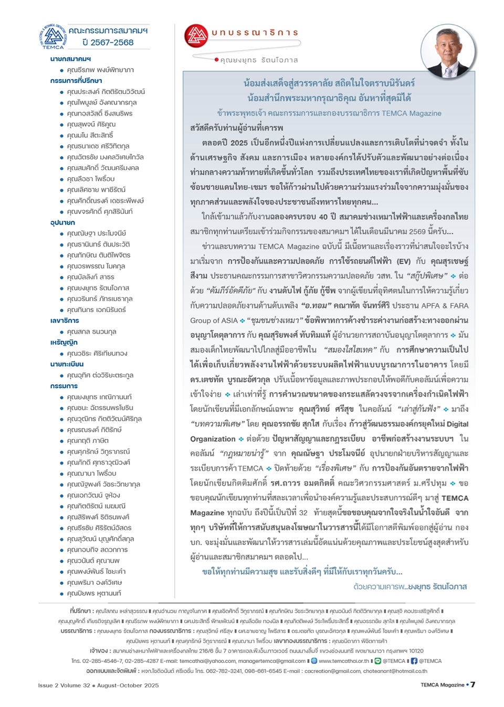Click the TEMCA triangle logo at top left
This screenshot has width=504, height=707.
point(53,36)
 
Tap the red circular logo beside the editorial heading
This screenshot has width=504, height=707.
point(196,36)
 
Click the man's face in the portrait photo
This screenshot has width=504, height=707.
point(447,48)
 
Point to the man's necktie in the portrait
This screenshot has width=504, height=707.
point(448,70)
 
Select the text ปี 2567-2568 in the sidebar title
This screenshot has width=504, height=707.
point(108,42)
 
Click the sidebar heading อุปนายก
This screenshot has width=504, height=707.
point(62,222)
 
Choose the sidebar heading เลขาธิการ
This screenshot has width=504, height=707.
point(65,320)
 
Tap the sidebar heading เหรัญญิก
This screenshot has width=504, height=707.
point(64,342)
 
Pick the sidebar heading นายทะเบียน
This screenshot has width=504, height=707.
point(67,364)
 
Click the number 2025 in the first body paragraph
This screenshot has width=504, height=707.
point(239,143)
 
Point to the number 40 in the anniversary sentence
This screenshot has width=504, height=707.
point(323,217)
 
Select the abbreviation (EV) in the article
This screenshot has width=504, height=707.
point(404,261)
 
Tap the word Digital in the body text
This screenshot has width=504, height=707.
point(457,424)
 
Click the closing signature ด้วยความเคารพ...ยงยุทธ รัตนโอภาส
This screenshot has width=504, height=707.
point(410,586)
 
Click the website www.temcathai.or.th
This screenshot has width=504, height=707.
point(344,661)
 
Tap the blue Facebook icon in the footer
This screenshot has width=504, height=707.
point(414,661)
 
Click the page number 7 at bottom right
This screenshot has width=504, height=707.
point(472,684)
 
